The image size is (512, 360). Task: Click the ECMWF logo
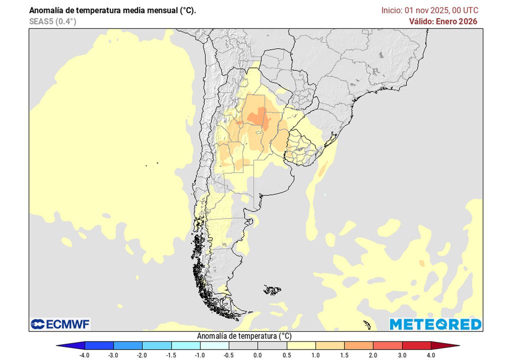[60, 324]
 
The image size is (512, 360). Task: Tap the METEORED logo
[435, 324]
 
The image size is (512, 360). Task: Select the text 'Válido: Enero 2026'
[443, 21]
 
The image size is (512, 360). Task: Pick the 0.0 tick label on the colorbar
[257, 355]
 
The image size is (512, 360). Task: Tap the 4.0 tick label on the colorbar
[430, 355]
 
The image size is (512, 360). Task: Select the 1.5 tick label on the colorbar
[344, 355]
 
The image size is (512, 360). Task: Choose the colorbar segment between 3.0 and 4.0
[416, 345]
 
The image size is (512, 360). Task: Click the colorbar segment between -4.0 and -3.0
[99, 345]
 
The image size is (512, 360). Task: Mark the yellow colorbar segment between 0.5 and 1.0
[300, 345]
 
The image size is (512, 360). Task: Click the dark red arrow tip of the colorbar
[452, 345]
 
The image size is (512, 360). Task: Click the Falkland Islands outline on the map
[272, 289]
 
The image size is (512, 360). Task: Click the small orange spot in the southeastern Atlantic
[421, 262]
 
